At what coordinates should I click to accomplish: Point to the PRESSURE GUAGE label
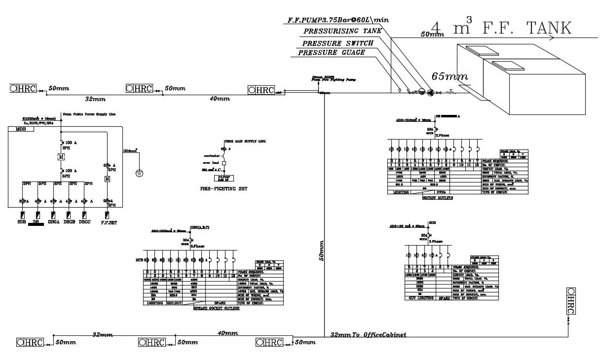[x=332, y=53]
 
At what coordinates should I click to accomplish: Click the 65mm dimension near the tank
[x=450, y=76]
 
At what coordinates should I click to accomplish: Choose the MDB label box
[x=21, y=129]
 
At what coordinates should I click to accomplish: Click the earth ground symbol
[x=139, y=173]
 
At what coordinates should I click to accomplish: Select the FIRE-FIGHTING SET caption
[x=224, y=188]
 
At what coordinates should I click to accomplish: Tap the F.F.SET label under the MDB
[x=108, y=222]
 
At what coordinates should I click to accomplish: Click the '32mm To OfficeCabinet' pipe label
[x=368, y=335]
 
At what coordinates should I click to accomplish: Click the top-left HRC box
[x=23, y=88]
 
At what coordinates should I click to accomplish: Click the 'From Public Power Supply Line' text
[x=89, y=114]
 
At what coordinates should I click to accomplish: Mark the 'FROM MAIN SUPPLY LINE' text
[x=245, y=142]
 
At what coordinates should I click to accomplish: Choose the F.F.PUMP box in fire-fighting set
[x=224, y=178]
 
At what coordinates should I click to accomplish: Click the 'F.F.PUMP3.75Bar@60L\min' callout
[x=338, y=21]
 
